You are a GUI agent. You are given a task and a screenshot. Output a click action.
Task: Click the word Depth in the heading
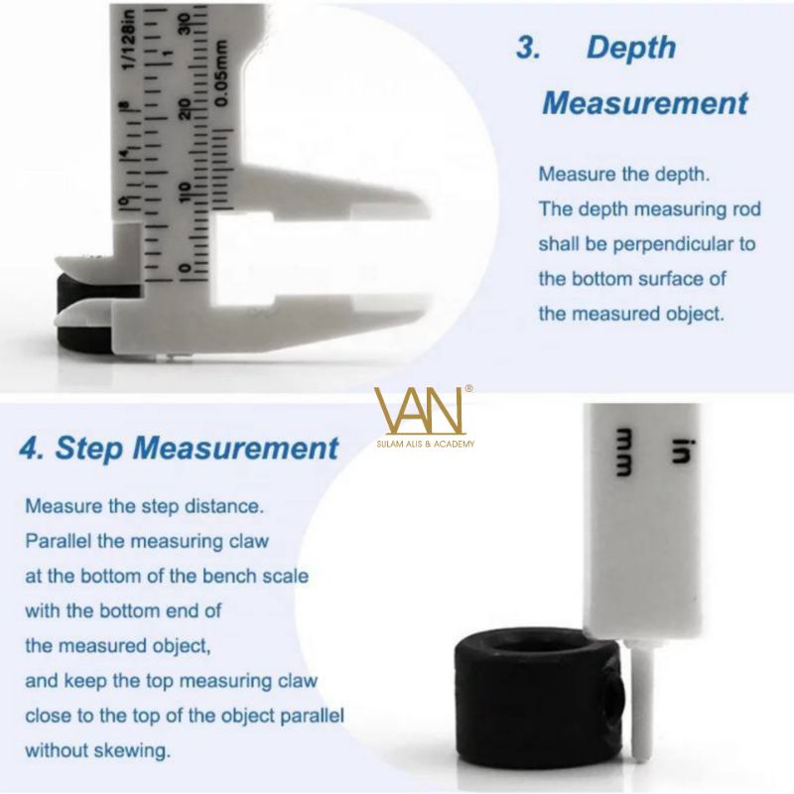[631, 49]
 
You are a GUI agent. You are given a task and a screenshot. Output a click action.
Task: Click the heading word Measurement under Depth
[645, 103]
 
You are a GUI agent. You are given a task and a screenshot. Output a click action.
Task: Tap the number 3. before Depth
[528, 49]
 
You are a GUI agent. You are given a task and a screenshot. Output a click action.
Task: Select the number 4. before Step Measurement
[32, 449]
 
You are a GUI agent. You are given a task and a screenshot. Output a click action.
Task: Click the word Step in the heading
[88, 449]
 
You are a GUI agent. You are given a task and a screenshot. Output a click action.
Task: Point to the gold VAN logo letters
[418, 411]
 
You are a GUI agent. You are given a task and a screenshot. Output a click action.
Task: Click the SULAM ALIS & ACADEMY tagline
[426, 444]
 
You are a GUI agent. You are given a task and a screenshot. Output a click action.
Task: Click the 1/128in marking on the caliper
[129, 40]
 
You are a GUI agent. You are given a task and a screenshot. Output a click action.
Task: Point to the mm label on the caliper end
[623, 453]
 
